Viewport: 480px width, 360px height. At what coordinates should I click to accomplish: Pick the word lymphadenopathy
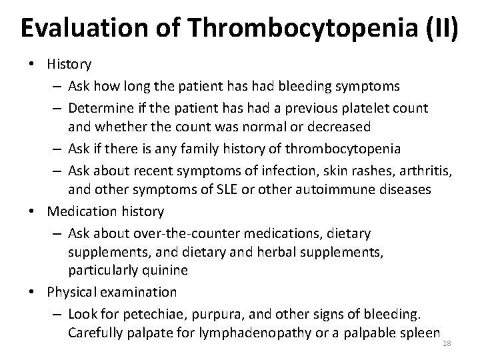click(247, 332)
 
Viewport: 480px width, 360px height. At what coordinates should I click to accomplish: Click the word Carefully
click(93, 332)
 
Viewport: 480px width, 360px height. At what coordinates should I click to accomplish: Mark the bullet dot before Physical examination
click(37, 292)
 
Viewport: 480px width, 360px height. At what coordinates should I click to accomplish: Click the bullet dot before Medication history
click(37, 211)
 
